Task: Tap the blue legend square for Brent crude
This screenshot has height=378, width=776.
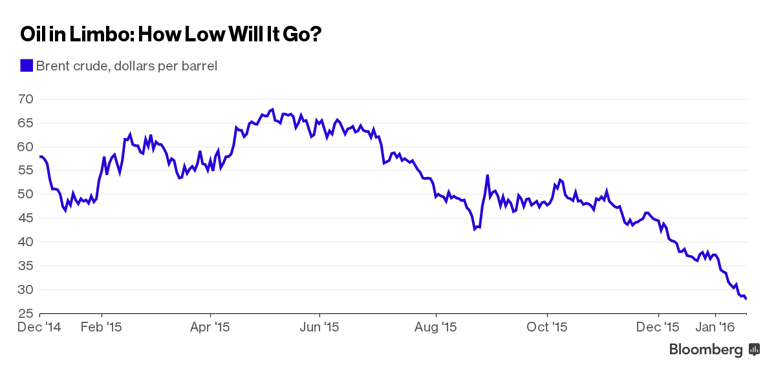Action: [27, 65]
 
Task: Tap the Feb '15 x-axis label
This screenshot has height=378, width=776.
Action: [102, 328]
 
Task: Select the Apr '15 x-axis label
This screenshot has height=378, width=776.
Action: [211, 328]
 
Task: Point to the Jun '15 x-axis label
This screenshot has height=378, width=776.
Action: [321, 328]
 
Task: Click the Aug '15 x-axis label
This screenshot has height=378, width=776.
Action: [436, 328]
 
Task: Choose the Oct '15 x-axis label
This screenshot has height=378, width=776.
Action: [547, 328]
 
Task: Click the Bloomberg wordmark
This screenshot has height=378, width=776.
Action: [706, 350]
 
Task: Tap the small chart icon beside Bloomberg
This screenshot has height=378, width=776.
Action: [754, 350]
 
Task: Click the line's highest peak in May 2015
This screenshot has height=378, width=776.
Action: [273, 109]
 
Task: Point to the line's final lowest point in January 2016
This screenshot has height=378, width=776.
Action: [746, 299]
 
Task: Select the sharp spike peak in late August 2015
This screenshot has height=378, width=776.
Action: [487, 175]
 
